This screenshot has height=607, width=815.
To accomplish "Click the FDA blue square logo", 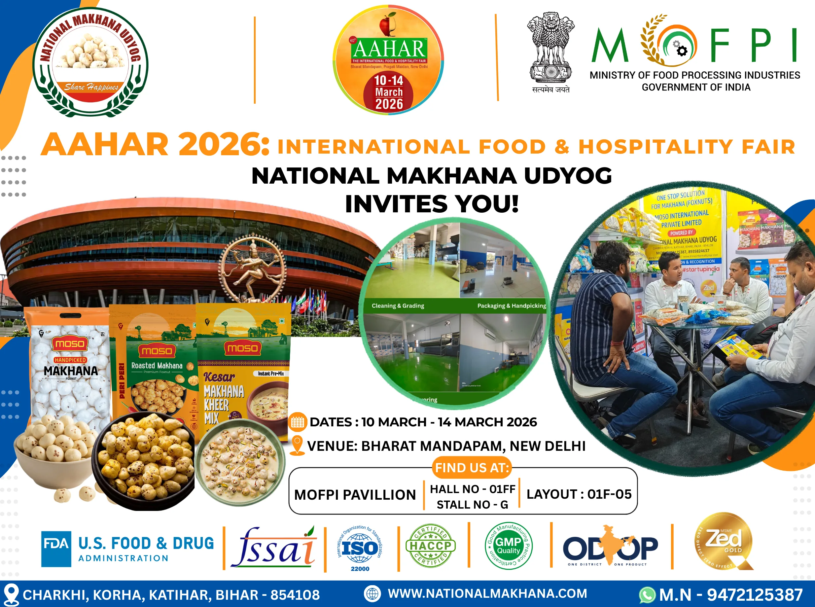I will tap(56, 549).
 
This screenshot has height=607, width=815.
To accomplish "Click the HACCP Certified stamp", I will tap(430, 546).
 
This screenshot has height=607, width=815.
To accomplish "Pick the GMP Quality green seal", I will tap(509, 546).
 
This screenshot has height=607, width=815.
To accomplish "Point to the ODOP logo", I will tap(610, 547).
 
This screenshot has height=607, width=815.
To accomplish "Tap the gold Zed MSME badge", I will tap(724, 542).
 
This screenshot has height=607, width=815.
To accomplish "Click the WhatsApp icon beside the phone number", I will tap(647, 595).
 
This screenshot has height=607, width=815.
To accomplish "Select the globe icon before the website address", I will tap(372, 593).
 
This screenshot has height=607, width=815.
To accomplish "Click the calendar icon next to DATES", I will tap(297, 422).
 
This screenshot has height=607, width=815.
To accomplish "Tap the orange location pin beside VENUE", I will tap(297, 445).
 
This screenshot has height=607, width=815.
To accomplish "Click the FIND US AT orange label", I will tap(472, 468).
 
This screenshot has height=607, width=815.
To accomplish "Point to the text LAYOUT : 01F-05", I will tap(579, 494).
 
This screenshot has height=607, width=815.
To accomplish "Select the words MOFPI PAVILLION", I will tap(355, 495).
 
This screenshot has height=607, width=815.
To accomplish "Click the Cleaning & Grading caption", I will tap(398, 306).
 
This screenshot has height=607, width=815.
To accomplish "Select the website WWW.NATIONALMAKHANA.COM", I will tap(487, 593).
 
